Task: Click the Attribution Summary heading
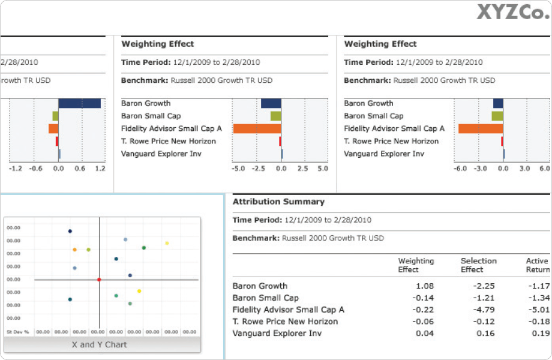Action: point(278,202)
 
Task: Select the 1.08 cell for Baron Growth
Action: point(424,286)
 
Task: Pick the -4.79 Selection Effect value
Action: point(484,310)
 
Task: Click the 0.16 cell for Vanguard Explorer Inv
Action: point(486,333)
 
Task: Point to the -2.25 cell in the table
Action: point(484,286)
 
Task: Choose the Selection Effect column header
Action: point(478,265)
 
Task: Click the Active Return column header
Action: point(537,265)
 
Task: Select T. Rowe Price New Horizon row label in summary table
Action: point(285,322)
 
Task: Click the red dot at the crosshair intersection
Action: point(99,280)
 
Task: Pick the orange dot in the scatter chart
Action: point(74,250)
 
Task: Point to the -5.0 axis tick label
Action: point(238,169)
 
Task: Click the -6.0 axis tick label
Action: point(460,169)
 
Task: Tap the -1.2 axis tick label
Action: point(16,169)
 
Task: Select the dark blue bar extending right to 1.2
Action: point(79,103)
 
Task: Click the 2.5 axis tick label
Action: point(302,169)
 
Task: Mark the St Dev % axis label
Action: point(17,331)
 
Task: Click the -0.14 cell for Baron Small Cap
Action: point(424,298)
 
